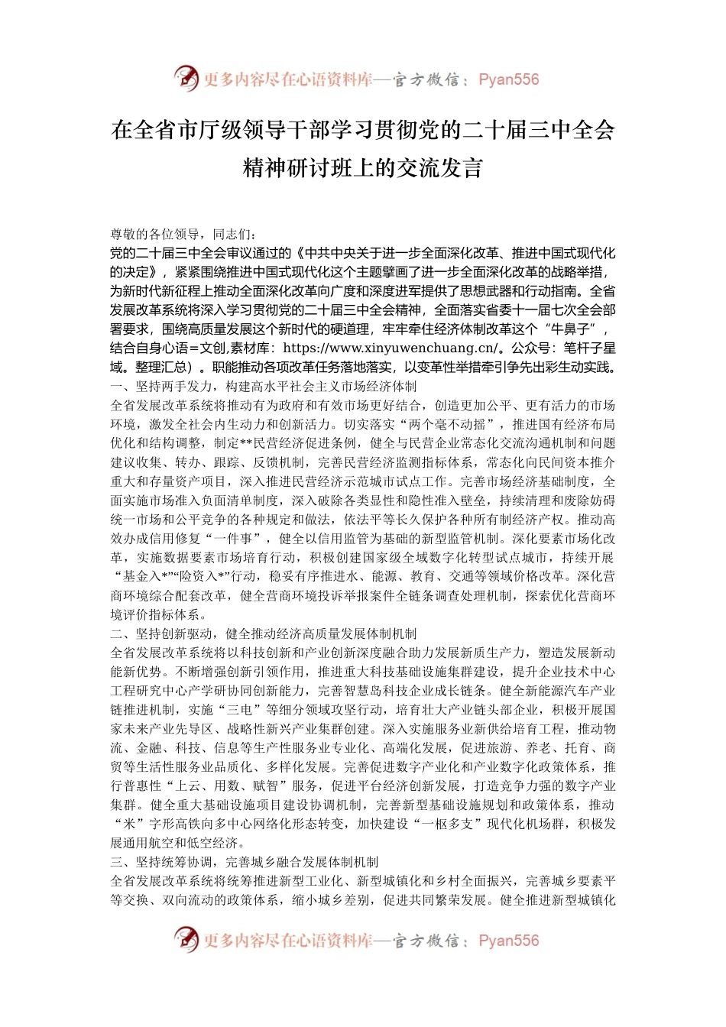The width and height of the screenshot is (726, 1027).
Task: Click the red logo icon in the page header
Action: click(186, 78)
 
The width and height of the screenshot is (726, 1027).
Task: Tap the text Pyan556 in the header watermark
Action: click(508, 79)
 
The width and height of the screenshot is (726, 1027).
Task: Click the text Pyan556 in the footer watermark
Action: click(508, 941)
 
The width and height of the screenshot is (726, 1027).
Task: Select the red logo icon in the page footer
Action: click(186, 939)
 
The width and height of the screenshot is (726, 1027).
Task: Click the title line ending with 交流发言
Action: click(363, 167)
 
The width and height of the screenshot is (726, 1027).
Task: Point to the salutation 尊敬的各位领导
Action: click(155, 234)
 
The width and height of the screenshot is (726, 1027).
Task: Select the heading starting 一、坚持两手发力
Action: click(264, 386)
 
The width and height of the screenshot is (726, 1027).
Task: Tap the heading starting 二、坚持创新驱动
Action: click(264, 633)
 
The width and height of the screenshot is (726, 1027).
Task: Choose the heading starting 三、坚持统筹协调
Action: click(245, 862)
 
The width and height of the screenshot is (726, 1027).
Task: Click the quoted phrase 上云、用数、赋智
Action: click(215, 786)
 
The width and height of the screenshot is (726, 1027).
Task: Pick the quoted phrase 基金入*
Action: click(145, 576)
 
